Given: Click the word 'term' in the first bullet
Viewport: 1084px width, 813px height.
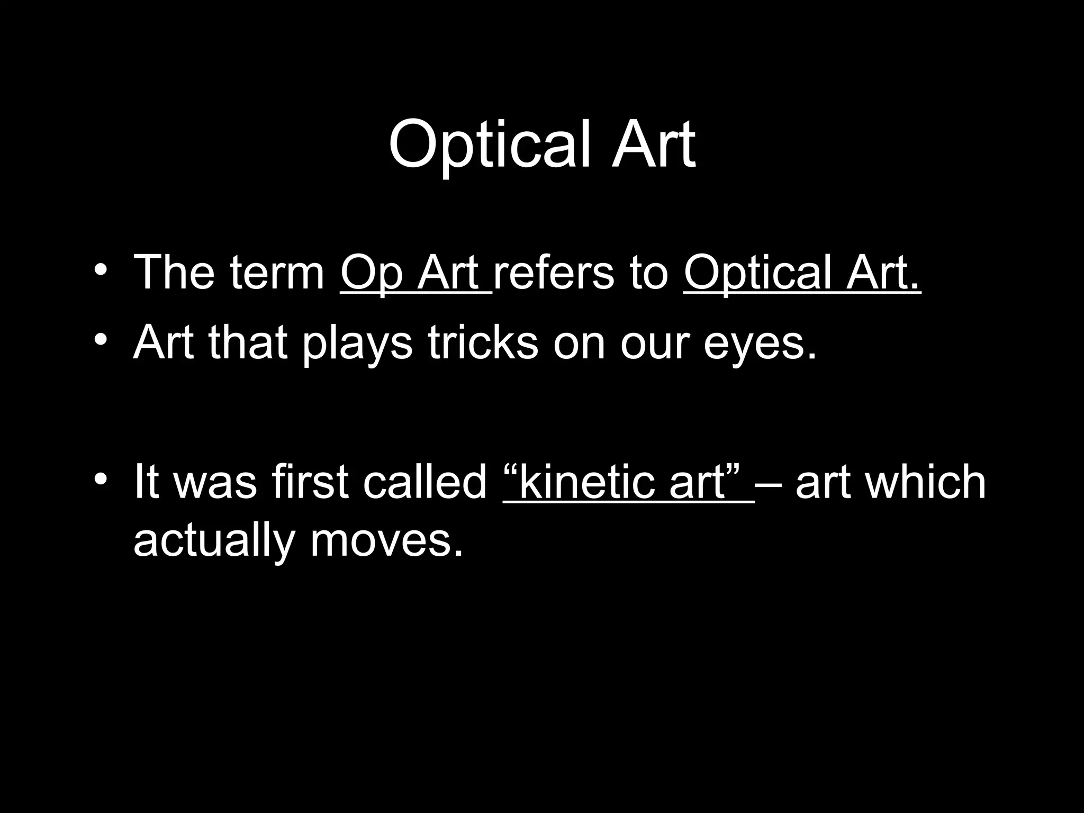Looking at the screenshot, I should coord(277,273).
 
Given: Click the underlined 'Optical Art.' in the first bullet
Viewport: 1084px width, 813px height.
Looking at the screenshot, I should coord(802,273).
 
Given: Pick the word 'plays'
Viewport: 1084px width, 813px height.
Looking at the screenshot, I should coord(357,344).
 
